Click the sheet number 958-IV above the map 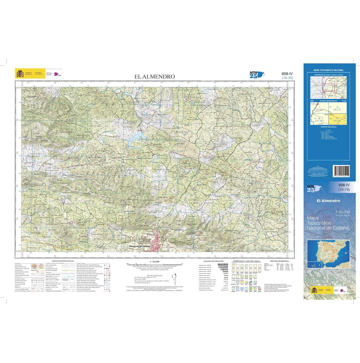point(287,73)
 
